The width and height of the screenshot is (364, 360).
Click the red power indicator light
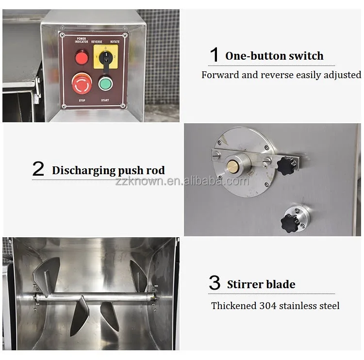tap(82, 57)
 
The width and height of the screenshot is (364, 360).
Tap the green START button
tap(105, 83)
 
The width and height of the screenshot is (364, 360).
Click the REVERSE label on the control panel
tap(97, 42)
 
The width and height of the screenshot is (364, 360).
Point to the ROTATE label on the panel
tap(115, 42)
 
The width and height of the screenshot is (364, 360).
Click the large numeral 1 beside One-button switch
tap(215, 54)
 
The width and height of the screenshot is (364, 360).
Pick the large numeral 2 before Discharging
tap(38, 169)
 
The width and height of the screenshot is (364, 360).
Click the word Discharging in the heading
tap(83, 171)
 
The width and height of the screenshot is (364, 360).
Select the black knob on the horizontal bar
tap(287, 165)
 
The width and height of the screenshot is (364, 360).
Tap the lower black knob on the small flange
tap(290, 223)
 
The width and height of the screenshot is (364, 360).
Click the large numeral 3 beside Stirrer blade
tap(215, 282)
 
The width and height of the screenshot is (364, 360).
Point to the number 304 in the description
tap(267, 306)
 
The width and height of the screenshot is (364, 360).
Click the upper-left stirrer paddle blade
tap(47, 276)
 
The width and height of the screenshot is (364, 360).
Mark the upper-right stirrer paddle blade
tap(138, 276)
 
